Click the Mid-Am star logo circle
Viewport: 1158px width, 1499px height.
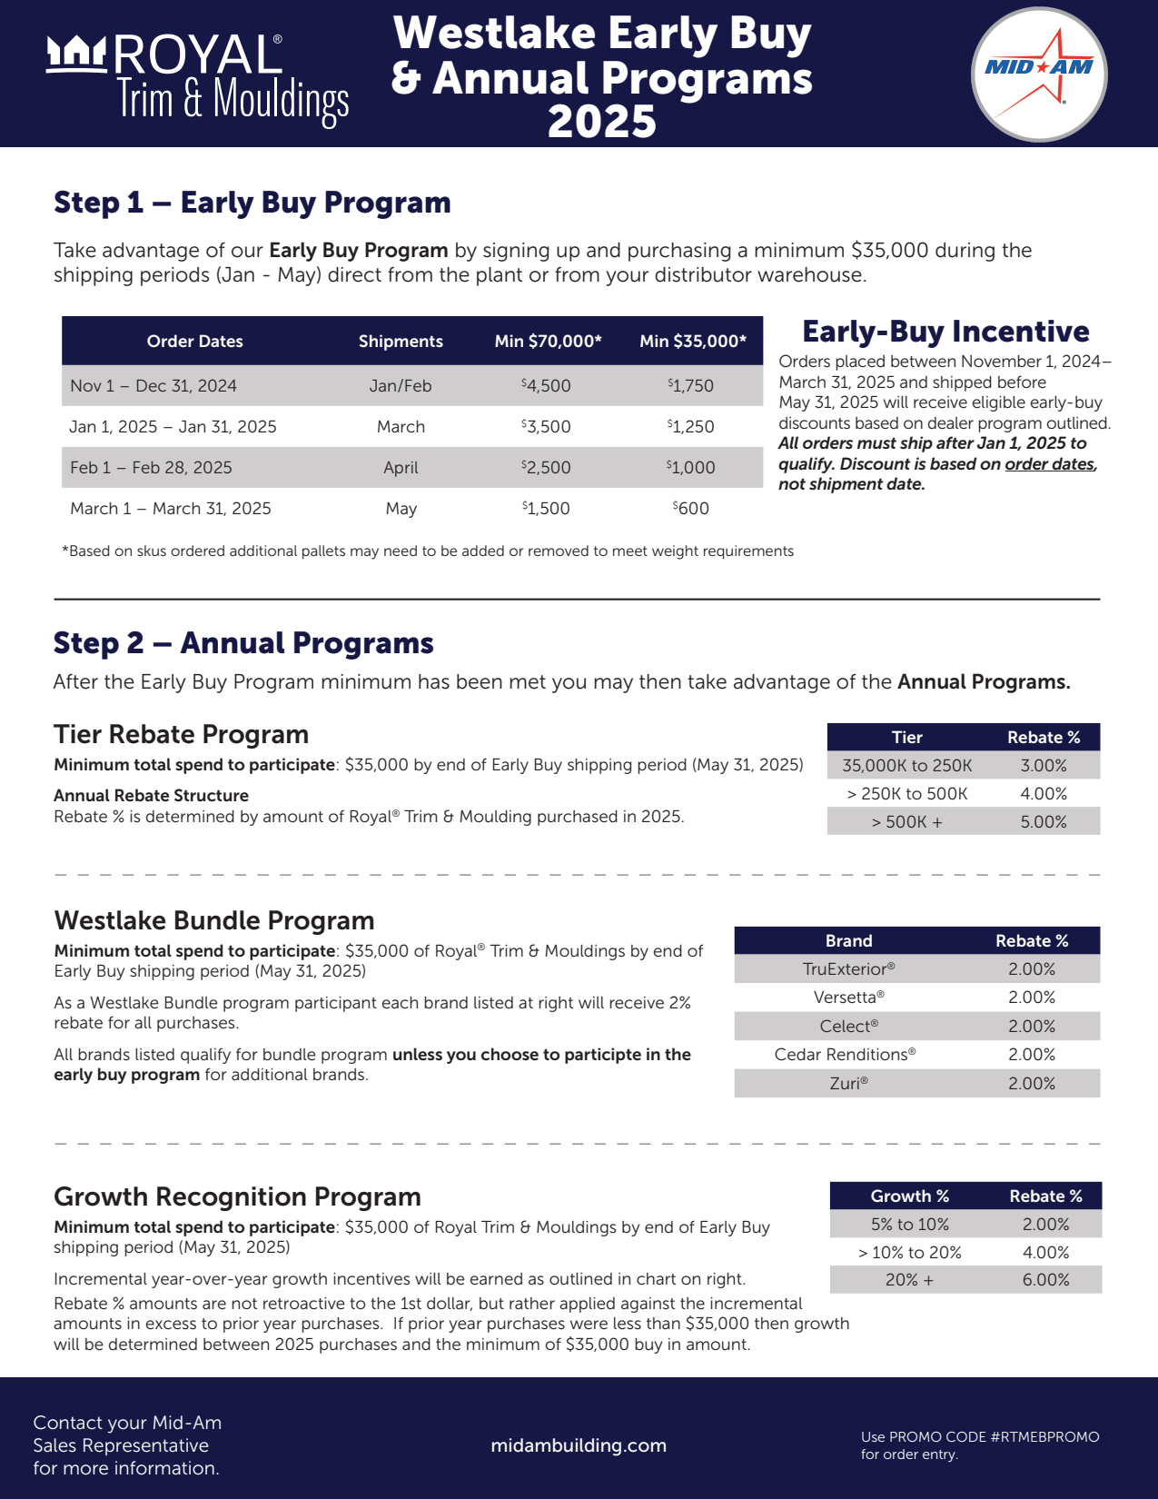click(1039, 74)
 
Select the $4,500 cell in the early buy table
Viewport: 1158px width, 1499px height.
click(546, 385)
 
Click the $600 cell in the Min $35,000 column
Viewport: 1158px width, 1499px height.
click(691, 509)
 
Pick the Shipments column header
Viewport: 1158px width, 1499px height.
click(401, 342)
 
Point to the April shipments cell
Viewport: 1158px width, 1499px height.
click(401, 468)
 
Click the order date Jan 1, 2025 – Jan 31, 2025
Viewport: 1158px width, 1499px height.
click(173, 427)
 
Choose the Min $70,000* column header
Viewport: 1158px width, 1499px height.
click(548, 342)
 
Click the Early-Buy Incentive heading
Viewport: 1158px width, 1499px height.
click(945, 332)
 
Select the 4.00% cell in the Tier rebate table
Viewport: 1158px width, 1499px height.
click(1043, 794)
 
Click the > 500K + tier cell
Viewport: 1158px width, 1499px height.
click(906, 822)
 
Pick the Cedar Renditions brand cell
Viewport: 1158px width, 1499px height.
click(845, 1055)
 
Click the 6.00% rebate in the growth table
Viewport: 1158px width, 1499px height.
click(1045, 1280)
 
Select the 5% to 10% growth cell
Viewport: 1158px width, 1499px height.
click(909, 1225)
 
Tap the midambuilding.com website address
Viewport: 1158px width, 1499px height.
click(579, 1445)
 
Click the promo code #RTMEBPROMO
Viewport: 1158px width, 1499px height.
click(1044, 1437)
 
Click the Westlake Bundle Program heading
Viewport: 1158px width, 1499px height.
click(214, 920)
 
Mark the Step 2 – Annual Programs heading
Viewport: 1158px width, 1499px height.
click(243, 643)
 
